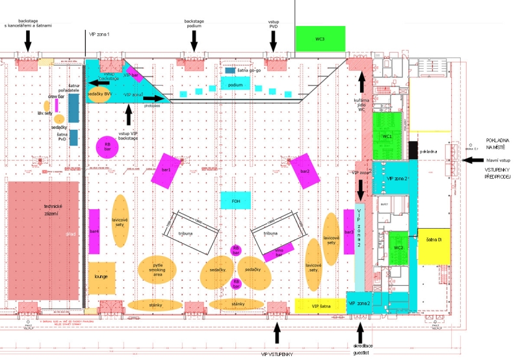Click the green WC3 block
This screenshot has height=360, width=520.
pos(320,38)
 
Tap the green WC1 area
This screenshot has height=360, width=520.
pos(387,136)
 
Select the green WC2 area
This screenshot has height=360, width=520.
pos(398,247)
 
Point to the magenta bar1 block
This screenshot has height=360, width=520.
pos(166,170)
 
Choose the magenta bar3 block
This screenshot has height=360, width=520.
pos(349,232)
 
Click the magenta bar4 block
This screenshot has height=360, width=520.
pos(94,231)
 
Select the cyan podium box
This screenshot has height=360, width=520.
pos(236,84)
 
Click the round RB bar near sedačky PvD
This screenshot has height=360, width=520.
pos(105,147)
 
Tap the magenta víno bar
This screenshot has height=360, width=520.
pos(279,251)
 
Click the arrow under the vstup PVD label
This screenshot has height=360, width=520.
pos(274,42)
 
